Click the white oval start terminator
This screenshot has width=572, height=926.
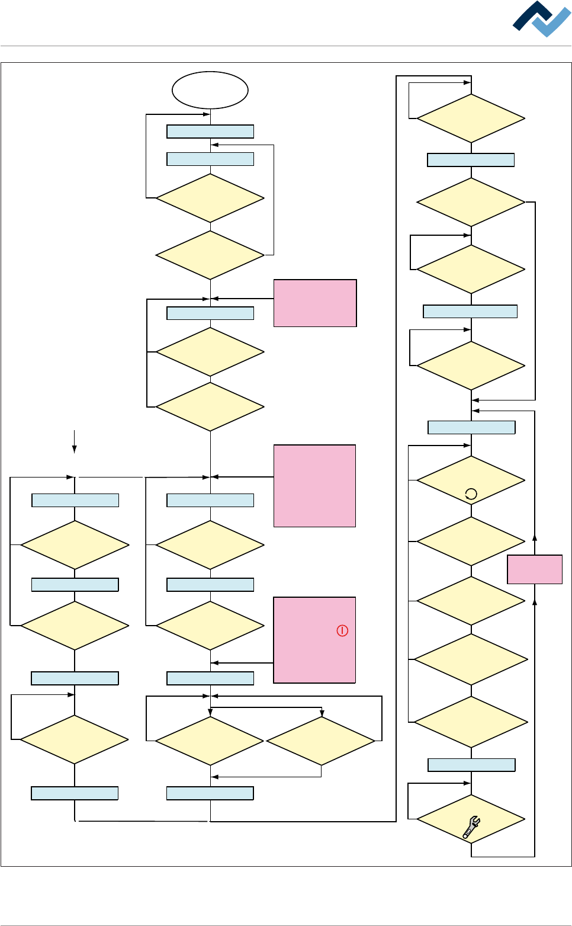tap(210, 90)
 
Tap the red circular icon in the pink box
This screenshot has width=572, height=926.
tap(342, 630)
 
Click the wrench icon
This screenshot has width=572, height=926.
tap(471, 827)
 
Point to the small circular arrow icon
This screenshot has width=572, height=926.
tap(471, 494)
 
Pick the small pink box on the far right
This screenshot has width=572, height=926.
tap(535, 569)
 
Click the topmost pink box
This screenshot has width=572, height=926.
tap(315, 303)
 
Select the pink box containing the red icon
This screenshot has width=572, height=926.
tap(314, 640)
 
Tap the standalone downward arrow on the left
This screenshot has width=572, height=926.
tap(74, 441)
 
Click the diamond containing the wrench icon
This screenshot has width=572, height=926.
tap(471, 819)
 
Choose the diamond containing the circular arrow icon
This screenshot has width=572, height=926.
tap(471, 480)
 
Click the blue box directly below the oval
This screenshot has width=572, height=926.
tap(210, 131)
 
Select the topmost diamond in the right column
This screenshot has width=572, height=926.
tap(471, 118)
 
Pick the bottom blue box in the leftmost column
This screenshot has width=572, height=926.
tap(75, 793)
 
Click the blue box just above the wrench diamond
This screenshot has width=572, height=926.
tap(471, 765)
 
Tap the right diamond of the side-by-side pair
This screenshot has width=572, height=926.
tap(321, 741)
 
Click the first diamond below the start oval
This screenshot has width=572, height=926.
tap(210, 198)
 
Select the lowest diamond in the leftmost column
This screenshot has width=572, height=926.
tap(75, 739)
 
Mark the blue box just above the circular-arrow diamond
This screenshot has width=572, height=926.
tap(471, 427)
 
